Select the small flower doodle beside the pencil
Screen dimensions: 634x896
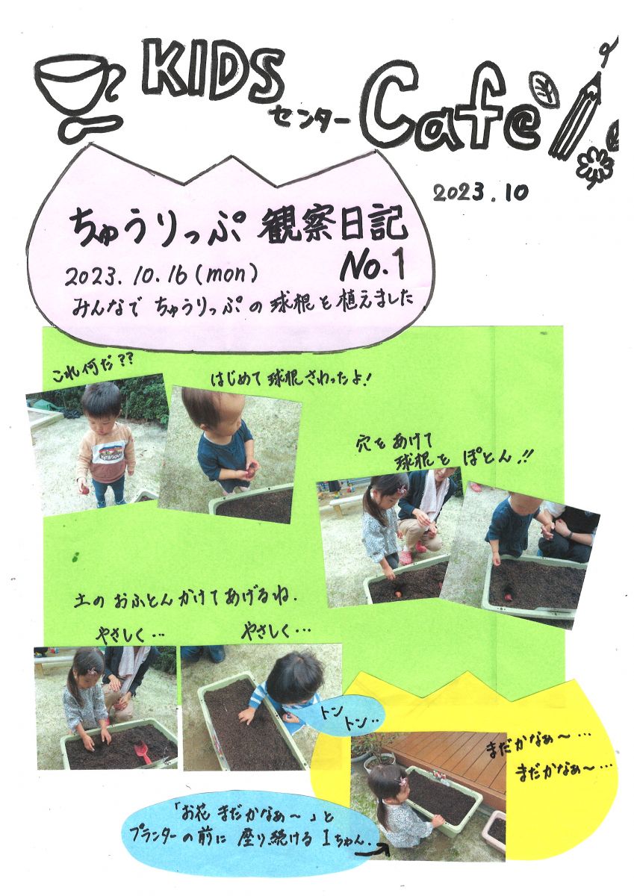coord(595,165)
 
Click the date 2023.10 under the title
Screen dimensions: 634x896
coord(480,193)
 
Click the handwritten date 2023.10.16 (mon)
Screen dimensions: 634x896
coord(161,276)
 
